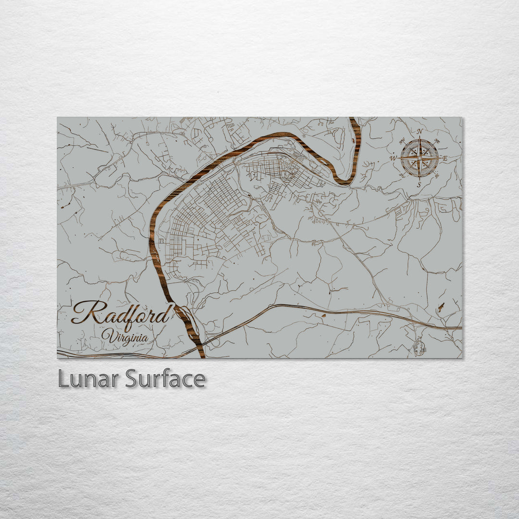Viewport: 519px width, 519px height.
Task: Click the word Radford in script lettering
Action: coord(123,313)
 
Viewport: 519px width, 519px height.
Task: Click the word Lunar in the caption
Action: coord(89,379)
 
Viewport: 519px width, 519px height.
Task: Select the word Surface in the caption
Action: coord(165,379)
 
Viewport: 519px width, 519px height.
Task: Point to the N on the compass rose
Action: coord(420,131)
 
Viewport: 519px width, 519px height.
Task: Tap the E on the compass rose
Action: coord(445,158)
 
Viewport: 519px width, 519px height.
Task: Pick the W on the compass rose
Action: coord(393,158)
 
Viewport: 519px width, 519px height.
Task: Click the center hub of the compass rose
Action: coord(420,158)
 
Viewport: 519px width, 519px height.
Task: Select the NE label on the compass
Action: coord(437,141)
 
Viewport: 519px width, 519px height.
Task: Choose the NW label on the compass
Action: coord(402,141)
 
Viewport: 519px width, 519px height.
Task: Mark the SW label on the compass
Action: coord(402,175)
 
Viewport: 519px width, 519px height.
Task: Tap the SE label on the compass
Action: coord(436,175)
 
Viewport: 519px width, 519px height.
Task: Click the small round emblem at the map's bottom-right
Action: coord(419,347)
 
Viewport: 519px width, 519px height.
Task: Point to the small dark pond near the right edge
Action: coord(441,307)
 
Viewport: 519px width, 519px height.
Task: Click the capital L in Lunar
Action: coord(63,379)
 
